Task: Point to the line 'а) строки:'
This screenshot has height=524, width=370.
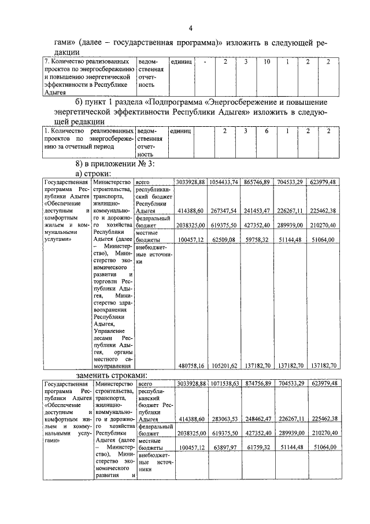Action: click(94, 173)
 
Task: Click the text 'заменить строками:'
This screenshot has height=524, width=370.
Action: click(113, 375)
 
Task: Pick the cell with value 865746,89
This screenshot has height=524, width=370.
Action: click(257, 182)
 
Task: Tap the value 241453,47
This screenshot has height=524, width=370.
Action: click(257, 211)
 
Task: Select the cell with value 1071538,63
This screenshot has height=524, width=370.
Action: click(224, 384)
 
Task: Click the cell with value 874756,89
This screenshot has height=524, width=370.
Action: click(258, 384)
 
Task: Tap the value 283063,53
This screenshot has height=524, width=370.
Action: click(224, 419)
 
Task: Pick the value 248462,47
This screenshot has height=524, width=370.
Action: click(258, 419)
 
